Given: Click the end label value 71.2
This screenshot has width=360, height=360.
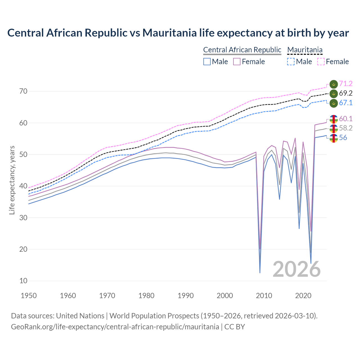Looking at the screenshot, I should [346, 84].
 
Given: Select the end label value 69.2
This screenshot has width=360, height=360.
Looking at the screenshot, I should [346, 93].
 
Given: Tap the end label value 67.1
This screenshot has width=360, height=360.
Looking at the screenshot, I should [346, 103].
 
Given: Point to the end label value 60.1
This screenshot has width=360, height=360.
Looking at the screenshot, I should [346, 119].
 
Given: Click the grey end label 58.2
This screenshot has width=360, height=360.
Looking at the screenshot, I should [346, 128].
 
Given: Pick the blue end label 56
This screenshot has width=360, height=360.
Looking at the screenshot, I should [343, 138].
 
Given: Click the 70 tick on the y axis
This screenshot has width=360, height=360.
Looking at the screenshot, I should [23, 91].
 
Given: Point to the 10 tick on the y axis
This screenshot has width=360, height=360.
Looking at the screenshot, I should [23, 281].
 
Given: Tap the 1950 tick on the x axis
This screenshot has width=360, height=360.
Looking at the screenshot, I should [29, 296].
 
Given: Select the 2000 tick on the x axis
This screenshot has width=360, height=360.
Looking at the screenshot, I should [225, 296].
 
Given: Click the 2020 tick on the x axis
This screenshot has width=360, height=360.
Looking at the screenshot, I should [303, 296].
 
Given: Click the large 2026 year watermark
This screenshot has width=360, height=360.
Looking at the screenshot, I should [296, 269].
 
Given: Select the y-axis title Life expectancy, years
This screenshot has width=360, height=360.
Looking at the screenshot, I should [12, 180].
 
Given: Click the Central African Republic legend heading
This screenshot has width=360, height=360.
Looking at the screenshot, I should [242, 50].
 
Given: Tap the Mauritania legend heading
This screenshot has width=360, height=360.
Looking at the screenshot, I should [305, 50].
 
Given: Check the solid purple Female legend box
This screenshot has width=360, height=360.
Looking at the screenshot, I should [237, 62].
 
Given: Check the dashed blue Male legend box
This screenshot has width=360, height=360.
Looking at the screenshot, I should [291, 62].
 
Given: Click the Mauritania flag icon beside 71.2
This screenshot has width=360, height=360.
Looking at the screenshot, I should [334, 84].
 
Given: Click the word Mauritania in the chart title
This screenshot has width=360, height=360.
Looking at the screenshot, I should [170, 33].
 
